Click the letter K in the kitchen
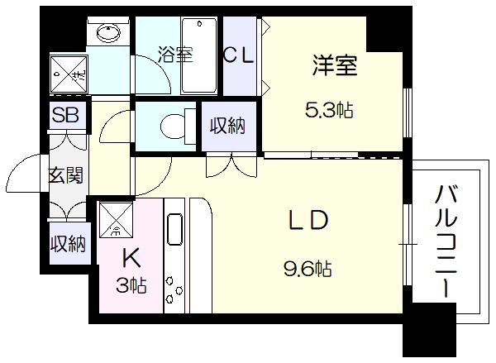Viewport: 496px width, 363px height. pyautogui.click(x=131, y=256)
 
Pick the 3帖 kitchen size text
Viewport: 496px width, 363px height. pyautogui.click(x=131, y=286)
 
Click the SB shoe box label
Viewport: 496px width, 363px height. pyautogui.click(x=66, y=115)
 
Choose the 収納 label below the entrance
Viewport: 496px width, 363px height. pyautogui.click(x=66, y=244)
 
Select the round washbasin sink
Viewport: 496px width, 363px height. pyautogui.click(x=107, y=33)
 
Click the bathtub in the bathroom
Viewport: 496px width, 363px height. pyautogui.click(x=198, y=56)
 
